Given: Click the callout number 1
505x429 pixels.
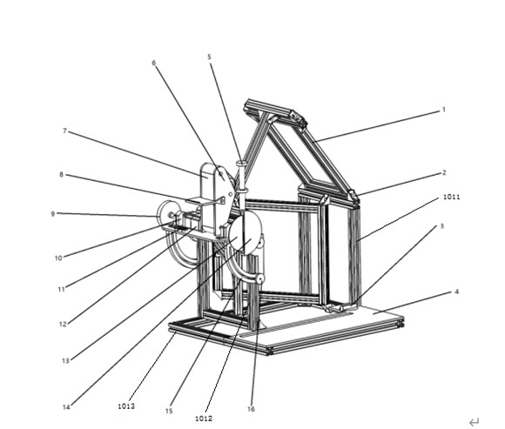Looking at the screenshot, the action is [x=443, y=110].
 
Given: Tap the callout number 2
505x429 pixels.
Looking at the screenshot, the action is [x=444, y=173].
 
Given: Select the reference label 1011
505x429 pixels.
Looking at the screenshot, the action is [x=452, y=197].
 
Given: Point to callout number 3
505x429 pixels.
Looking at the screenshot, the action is [x=442, y=226].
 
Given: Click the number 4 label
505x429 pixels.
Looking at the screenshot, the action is [x=456, y=292].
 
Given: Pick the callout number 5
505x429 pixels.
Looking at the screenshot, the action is [x=209, y=57].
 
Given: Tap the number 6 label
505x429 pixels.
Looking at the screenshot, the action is [x=153, y=63].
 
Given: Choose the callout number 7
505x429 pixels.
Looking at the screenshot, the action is [x=64, y=131].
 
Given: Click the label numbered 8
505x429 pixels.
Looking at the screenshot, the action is [x=61, y=175].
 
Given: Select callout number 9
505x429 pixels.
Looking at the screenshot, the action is [x=53, y=214].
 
